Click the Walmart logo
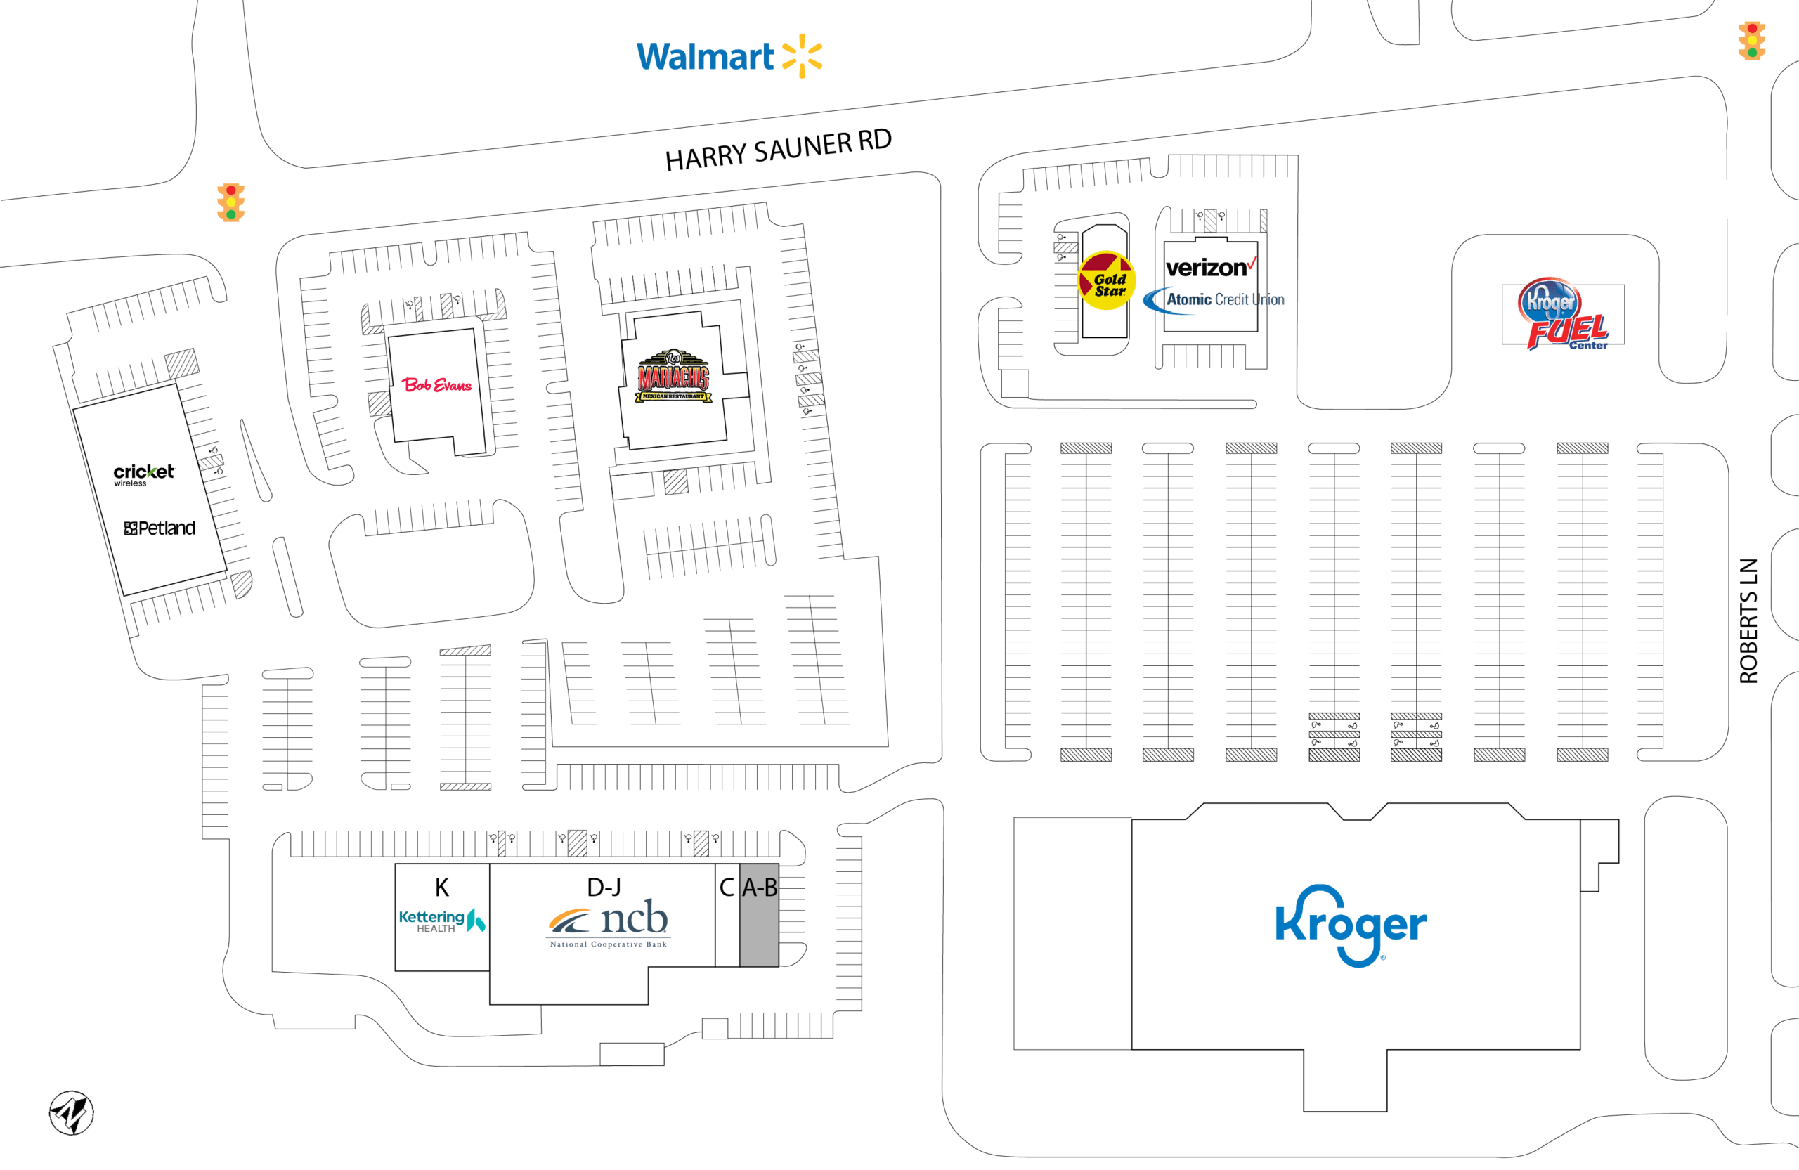pos(729,56)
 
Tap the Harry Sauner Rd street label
pos(778,150)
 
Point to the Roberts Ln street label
pos(1748,620)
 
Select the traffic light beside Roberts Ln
pos(1751,40)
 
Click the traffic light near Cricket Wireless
pos(230,202)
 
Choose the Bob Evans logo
pos(437,384)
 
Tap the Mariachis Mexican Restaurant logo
pos(673,376)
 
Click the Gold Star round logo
pos(1106,280)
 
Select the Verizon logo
pos(1211,267)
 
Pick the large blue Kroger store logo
pos(1351,925)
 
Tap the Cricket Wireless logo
pos(143,474)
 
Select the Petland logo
pos(160,528)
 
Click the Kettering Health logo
pos(442,921)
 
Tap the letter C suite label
pos(727,888)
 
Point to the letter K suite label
pos(442,887)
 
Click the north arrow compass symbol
pos(71,1112)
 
